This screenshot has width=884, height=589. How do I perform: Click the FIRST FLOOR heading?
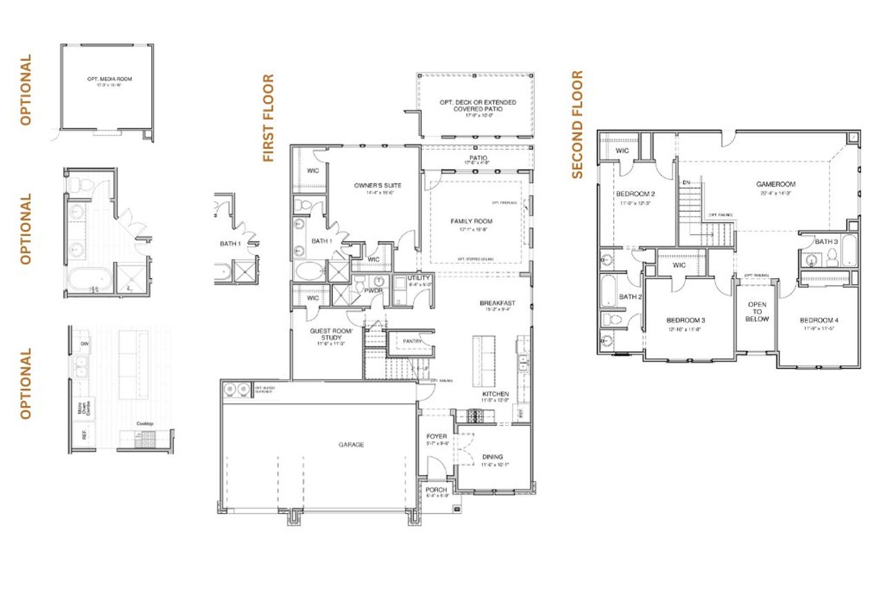(269, 118)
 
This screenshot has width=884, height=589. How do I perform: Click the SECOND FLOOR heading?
(577, 125)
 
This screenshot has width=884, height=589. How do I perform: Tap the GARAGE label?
(351, 445)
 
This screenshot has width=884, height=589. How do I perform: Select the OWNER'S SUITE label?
(377, 186)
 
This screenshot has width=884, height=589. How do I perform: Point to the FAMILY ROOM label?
(472, 221)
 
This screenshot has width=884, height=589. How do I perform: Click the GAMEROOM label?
(776, 184)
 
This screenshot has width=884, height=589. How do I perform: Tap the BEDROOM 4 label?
(819, 320)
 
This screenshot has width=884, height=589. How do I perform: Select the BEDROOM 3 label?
(685, 320)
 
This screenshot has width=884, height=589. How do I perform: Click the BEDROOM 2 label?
(635, 194)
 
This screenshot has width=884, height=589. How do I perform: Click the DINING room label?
(492, 457)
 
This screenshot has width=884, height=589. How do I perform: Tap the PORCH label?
(436, 490)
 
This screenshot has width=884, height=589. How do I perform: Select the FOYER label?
(436, 436)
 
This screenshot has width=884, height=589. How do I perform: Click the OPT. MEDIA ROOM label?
(106, 79)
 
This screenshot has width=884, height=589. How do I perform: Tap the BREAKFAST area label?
(497, 303)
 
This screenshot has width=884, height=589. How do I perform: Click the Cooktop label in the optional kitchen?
(144, 423)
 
